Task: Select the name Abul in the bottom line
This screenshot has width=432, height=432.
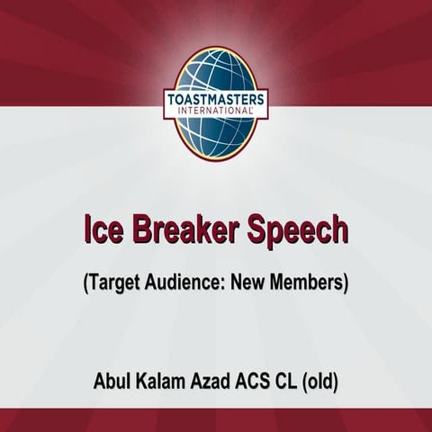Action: click(x=112, y=382)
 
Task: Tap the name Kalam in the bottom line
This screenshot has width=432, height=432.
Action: click(x=158, y=382)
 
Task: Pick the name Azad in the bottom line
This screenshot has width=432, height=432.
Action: click(x=208, y=382)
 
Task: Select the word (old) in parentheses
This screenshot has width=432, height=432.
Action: click(x=321, y=382)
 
